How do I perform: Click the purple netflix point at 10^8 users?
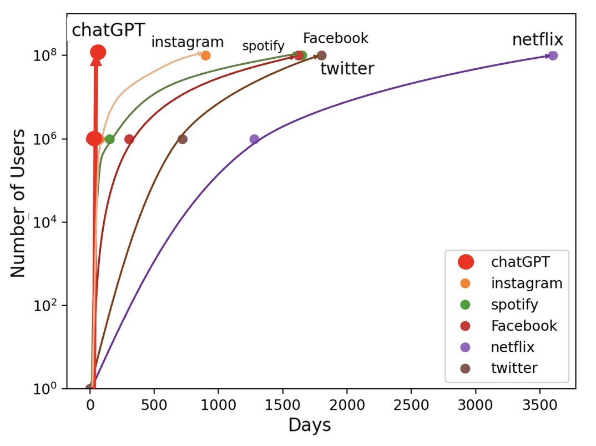point(552,55)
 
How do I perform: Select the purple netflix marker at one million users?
point(254,139)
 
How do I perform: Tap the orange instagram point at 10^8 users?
point(205,55)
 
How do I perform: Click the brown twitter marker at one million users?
point(182,139)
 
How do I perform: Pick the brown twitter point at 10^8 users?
point(321,55)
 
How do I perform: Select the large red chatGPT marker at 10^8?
point(98,53)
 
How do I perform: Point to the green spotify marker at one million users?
point(109,139)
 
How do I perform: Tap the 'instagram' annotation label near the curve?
point(188,42)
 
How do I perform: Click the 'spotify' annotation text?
point(263,46)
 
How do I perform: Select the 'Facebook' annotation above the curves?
point(335,38)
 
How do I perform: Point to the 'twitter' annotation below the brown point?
point(347,69)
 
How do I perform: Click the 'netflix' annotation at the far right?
point(537,40)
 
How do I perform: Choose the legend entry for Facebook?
point(523,326)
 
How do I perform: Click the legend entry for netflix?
point(512,347)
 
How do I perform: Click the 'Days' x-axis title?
point(309,425)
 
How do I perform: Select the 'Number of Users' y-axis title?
point(18,203)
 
